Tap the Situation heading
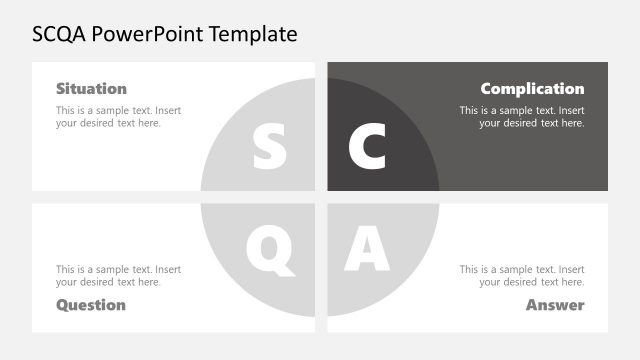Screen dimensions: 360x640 pos(91,88)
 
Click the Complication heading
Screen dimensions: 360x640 pos(532,88)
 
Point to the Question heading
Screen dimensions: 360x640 pos(91,304)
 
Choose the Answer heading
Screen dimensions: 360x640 pos(555,304)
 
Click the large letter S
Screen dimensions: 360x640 pos(269,147)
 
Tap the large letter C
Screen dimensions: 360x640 pos(367,147)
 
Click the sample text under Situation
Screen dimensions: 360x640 pos(118,116)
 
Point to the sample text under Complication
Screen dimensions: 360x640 pos(522,116)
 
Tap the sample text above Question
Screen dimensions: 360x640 pos(118,275)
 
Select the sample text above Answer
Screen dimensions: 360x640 pos(522,275)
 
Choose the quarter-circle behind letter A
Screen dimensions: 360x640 pos(405,235)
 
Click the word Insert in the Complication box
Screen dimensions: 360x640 pos(570,110)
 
